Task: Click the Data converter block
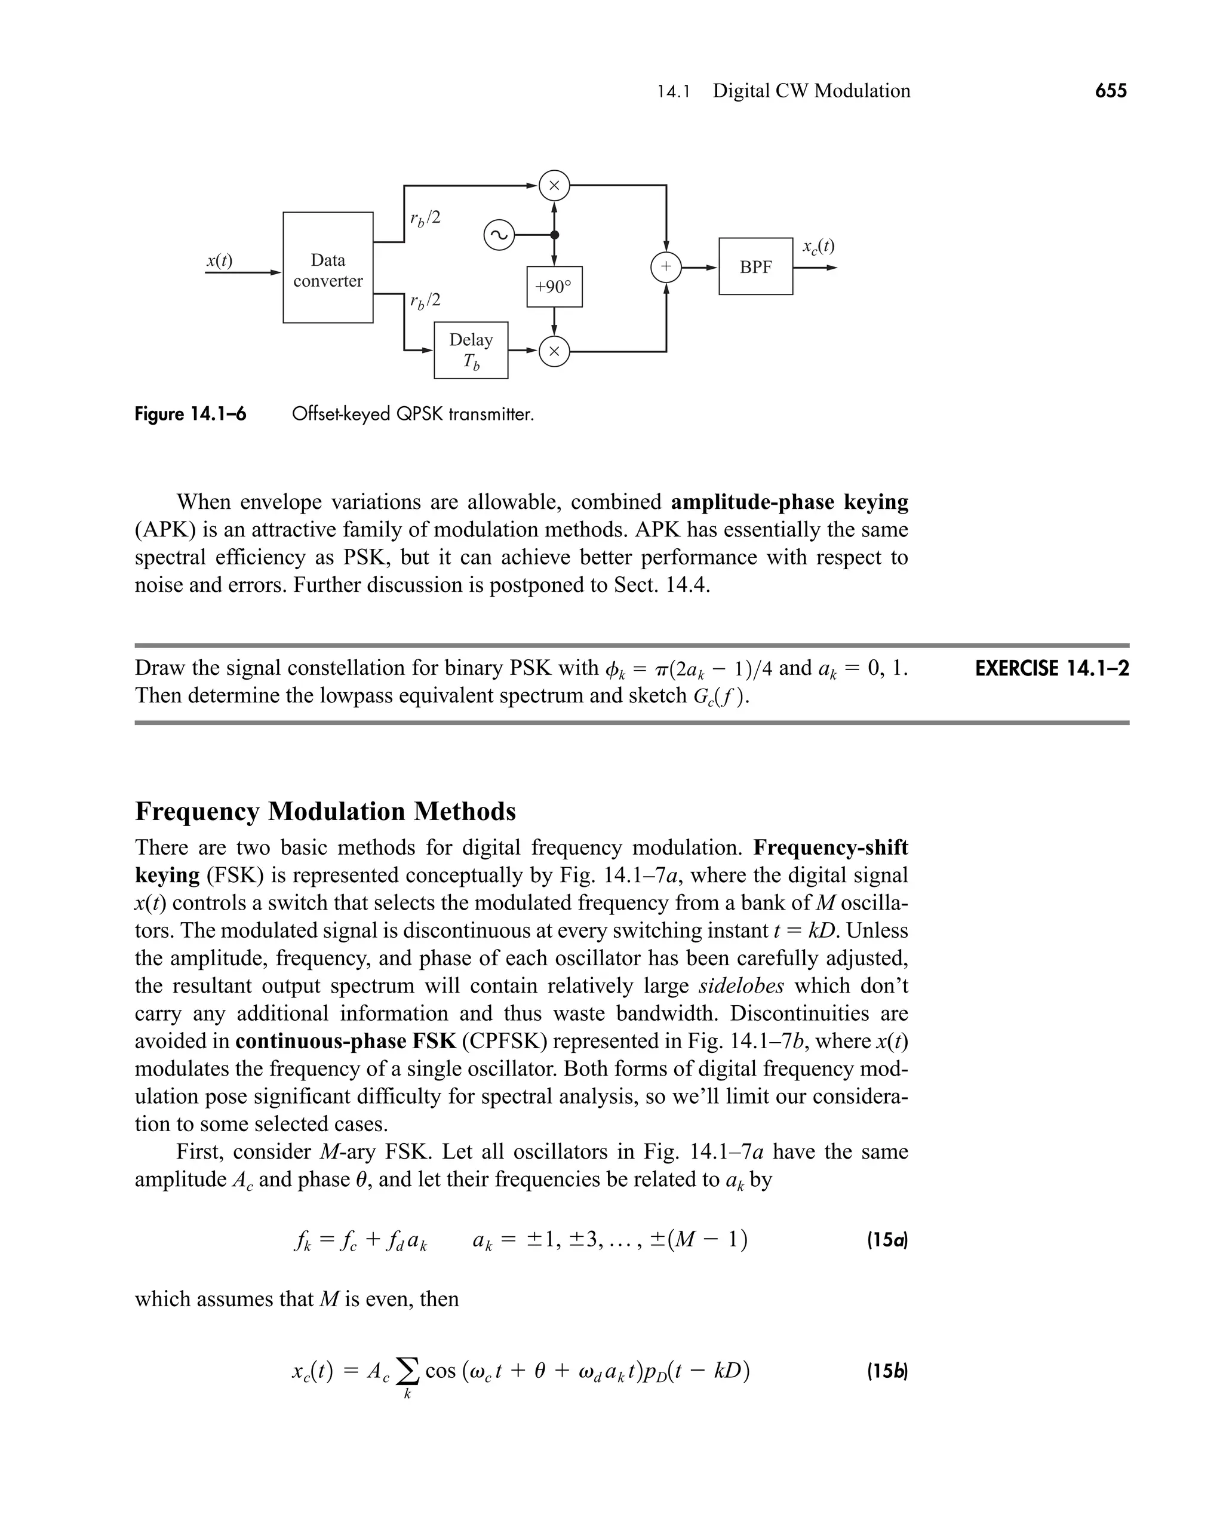pos(328,268)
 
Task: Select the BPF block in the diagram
pos(755,266)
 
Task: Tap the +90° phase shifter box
pos(554,287)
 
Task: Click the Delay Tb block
pos(471,350)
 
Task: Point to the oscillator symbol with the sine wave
pos(499,235)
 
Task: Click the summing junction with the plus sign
pos(666,267)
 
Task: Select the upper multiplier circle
pos(554,185)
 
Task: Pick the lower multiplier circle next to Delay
pos(554,351)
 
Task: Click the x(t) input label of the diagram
pos(219,260)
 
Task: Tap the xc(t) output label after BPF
pos(818,246)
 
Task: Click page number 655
pos(1110,91)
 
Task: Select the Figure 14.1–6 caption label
pos(190,414)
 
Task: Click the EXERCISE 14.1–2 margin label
pos(1051,668)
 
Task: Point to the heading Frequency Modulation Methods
pos(325,812)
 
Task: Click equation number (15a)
pos(887,1240)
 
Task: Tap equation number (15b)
pos(887,1372)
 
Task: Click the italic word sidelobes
pos(740,985)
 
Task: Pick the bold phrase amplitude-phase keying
pos(789,502)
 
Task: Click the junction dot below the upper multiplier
pos(554,235)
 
